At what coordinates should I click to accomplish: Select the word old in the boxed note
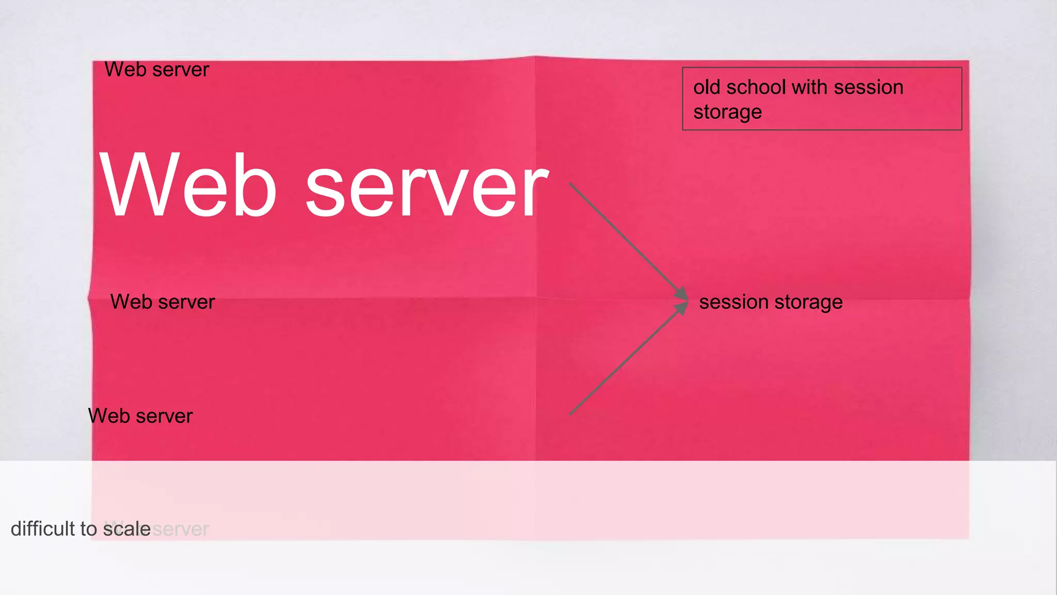click(707, 87)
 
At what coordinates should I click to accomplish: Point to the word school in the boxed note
click(756, 87)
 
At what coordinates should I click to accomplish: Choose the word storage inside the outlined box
click(727, 112)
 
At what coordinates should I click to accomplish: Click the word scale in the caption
click(127, 529)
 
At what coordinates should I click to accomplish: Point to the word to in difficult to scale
click(89, 529)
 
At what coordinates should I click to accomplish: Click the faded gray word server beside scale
click(181, 529)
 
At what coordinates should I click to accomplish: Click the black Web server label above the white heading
click(157, 70)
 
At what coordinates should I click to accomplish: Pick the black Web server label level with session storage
click(163, 302)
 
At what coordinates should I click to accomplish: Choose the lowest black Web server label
click(140, 416)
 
